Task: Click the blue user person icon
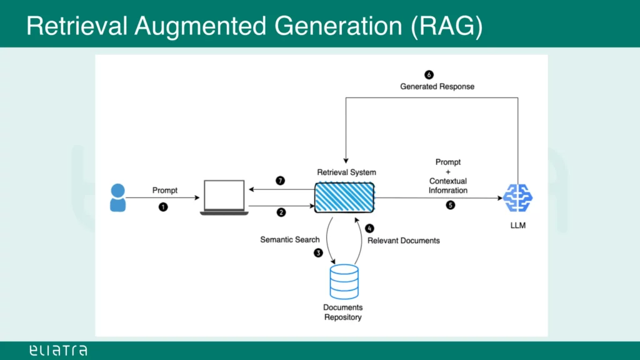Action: (117, 197)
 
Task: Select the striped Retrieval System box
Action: (344, 197)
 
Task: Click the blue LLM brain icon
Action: (517, 197)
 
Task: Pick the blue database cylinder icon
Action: (344, 281)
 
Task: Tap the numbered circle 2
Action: (281, 212)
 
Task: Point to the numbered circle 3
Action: (318, 253)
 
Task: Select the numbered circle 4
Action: (369, 229)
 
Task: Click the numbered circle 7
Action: (281, 181)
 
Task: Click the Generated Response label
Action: (437, 87)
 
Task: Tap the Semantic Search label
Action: (290, 240)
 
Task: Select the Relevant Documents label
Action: (404, 241)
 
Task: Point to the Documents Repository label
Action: (342, 312)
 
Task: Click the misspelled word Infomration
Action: (448, 190)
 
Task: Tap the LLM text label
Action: (517, 226)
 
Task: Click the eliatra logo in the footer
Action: (58, 351)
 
